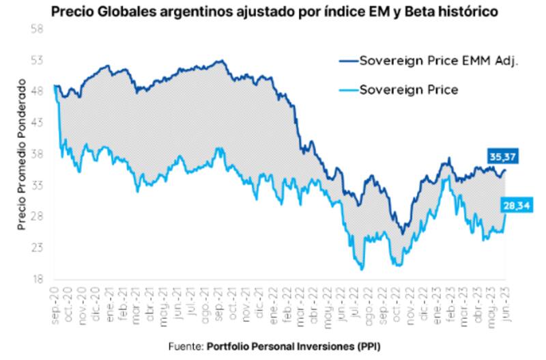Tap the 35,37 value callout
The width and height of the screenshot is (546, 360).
[502, 156]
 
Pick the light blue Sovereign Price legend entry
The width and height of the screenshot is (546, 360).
[408, 89]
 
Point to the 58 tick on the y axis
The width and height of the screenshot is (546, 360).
[38, 29]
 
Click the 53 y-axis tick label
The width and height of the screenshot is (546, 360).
[38, 61]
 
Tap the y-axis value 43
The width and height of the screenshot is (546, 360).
[38, 123]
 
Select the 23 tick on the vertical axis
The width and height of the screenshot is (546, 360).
[38, 248]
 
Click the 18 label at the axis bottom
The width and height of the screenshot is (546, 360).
[38, 279]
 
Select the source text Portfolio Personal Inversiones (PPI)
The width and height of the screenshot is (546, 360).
[294, 346]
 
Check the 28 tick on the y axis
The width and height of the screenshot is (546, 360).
[38, 217]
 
